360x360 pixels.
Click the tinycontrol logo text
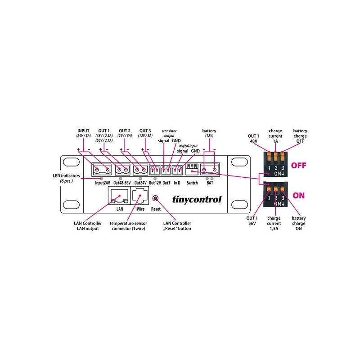click(197, 199)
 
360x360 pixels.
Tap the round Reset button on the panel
click(155, 198)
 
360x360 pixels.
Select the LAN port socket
click(119, 196)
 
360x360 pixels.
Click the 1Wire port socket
click(139, 196)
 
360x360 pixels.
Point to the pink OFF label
click(298, 165)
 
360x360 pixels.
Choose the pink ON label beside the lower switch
click(298, 195)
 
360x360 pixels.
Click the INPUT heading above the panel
click(83, 130)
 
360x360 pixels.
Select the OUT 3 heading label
click(145, 130)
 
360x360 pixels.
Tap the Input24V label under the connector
click(103, 183)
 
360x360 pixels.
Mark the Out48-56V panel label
click(122, 183)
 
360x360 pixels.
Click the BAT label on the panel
click(210, 183)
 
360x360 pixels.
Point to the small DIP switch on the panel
click(192, 169)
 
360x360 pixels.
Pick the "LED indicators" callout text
click(66, 178)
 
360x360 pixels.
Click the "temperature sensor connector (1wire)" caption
click(128, 226)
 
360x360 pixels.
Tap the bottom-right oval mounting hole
click(239, 204)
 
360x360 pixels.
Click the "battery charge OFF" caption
click(300, 136)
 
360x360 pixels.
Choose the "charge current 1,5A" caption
click(274, 223)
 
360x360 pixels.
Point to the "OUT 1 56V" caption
click(252, 220)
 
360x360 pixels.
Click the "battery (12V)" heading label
click(209, 133)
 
